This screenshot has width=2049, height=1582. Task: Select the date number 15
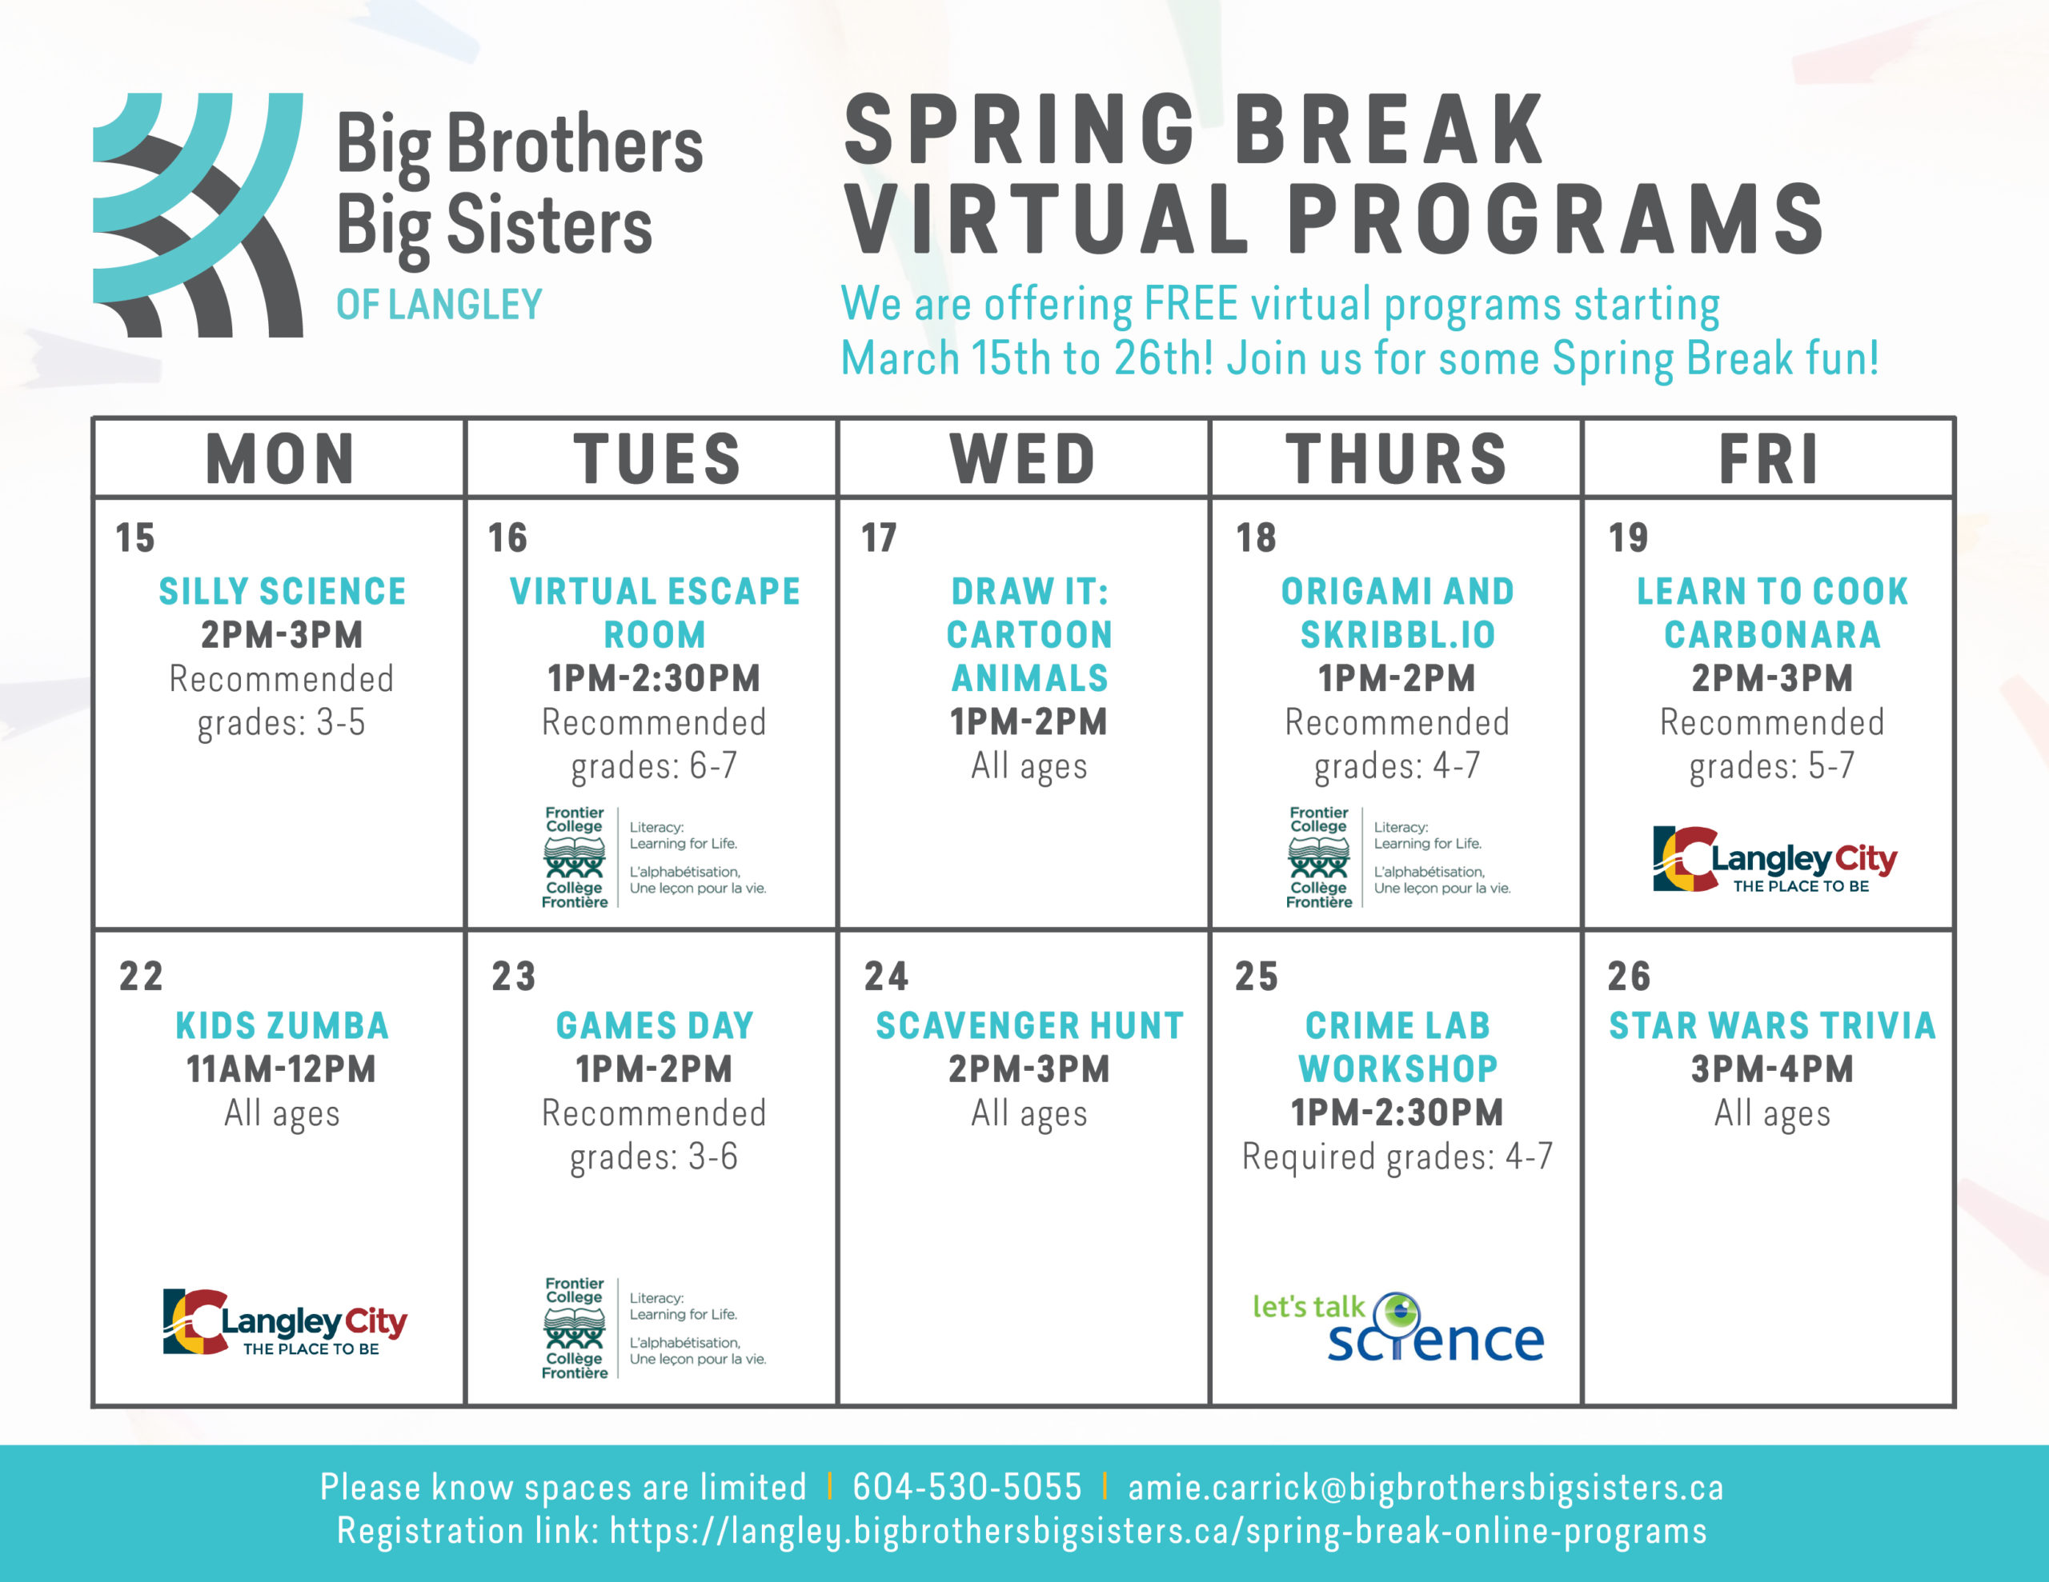tap(135, 537)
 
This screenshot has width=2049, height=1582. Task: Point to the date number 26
tap(1629, 977)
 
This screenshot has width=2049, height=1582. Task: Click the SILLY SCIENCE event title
tap(283, 591)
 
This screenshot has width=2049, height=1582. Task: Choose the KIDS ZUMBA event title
tap(283, 1025)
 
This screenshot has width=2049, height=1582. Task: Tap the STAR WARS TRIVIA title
tap(1772, 1025)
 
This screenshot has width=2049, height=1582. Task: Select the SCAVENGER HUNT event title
tap(1029, 1025)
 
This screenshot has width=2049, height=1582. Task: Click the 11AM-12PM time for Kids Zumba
tap(282, 1069)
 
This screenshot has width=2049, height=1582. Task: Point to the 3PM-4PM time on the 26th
tap(1772, 1069)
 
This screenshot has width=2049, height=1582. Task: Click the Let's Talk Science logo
tap(1398, 1327)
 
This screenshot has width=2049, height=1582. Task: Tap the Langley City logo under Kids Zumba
tap(284, 1322)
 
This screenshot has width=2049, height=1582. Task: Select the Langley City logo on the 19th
tap(1774, 858)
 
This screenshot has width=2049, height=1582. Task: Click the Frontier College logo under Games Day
tap(654, 1327)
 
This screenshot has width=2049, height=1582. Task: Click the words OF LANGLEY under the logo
tap(439, 305)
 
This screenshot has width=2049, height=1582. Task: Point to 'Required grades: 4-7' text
tap(1397, 1157)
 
